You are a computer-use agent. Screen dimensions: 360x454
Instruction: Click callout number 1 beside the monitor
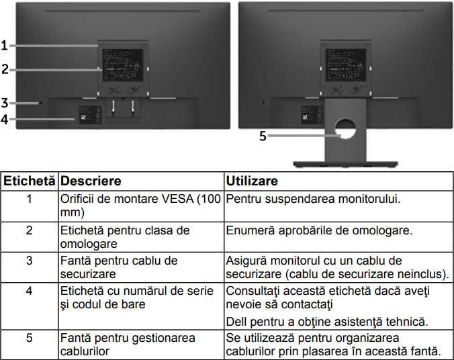click(x=4, y=46)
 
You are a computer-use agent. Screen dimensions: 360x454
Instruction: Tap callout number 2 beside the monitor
click(x=4, y=69)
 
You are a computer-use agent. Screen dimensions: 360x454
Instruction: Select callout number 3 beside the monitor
click(x=4, y=103)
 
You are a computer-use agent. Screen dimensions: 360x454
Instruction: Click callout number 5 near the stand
click(x=263, y=136)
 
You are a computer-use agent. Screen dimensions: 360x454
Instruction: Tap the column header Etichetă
click(x=30, y=181)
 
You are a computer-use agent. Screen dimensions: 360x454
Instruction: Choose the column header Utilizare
click(x=252, y=181)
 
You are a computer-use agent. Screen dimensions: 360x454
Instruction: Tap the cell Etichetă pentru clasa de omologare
click(x=125, y=236)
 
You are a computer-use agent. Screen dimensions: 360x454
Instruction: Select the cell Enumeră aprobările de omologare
click(x=318, y=230)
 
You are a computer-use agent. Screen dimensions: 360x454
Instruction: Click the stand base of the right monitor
click(x=346, y=163)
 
